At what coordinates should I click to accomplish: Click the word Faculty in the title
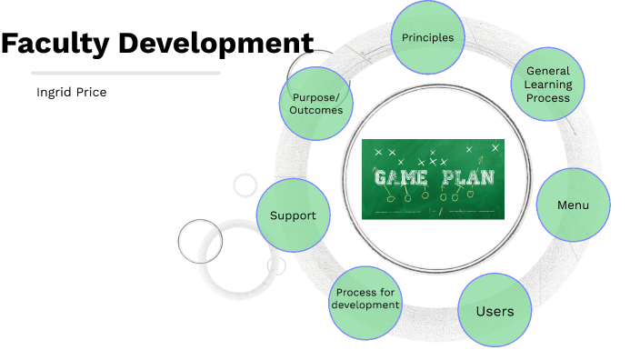pos(56,43)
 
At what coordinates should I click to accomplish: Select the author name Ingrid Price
pos(71,92)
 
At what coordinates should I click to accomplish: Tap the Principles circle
pos(427,38)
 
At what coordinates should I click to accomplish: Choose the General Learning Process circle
pos(548,85)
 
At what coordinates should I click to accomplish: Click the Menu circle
pos(573,205)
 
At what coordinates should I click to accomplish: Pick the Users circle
pos(495,311)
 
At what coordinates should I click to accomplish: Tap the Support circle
pos(293,215)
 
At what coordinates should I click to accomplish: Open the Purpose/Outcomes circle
pos(315,104)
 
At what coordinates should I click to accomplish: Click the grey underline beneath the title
pos(125,73)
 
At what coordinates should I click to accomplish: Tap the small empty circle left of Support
pos(245,185)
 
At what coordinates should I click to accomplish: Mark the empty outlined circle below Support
pos(200,240)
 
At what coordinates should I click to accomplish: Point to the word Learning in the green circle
pos(548,85)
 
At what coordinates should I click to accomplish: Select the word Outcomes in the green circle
pos(315,110)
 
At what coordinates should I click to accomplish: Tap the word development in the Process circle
pos(365,305)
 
